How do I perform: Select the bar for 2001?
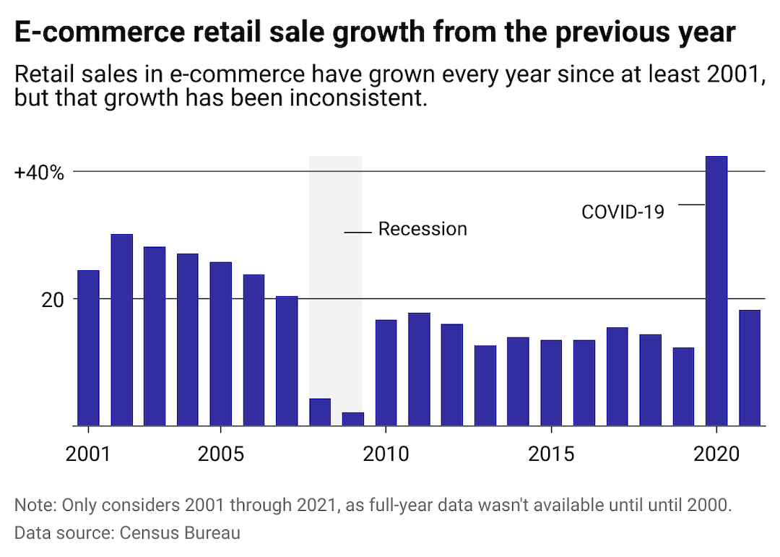point(88,347)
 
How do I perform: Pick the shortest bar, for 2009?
point(352,419)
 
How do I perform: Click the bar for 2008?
point(320,412)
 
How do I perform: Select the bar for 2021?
point(750,368)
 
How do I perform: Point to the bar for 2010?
point(386,372)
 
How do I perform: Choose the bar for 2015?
point(551,382)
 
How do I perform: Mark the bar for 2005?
point(220,344)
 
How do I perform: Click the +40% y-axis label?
point(39,173)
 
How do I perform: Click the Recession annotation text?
point(422,230)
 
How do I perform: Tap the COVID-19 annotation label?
point(623,212)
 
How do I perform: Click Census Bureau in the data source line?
point(180,534)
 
